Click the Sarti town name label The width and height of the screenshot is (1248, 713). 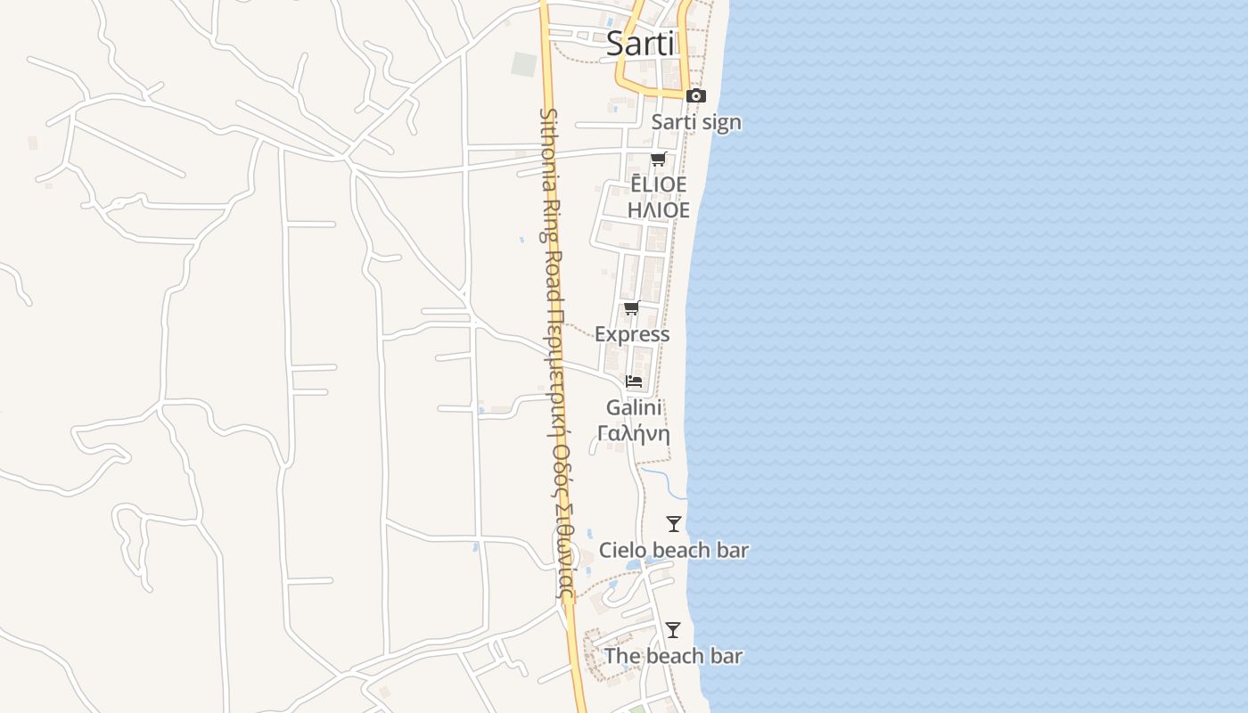640,44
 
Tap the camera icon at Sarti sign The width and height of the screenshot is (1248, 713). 696,95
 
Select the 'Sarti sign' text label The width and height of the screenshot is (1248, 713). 696,122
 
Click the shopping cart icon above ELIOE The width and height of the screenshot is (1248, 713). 658,160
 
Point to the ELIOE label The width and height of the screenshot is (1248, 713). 659,184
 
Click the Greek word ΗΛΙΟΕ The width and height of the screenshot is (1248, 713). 659,210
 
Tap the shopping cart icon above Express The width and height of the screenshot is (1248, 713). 631,308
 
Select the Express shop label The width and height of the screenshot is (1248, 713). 632,334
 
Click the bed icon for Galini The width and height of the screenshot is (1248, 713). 634,381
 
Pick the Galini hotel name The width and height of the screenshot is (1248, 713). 634,408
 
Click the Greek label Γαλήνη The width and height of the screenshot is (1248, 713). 634,434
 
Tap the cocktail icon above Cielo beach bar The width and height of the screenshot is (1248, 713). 674,524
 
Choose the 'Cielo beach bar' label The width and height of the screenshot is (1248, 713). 673,550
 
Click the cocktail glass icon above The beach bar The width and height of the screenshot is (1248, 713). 673,630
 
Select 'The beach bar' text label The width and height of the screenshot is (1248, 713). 673,656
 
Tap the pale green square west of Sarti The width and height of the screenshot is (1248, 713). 524,64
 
